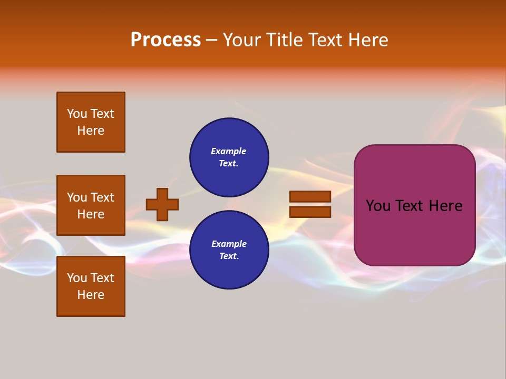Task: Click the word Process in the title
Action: (166, 40)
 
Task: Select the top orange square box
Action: (91, 122)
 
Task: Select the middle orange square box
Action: (91, 205)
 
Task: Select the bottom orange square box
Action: (91, 286)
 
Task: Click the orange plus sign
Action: (162, 204)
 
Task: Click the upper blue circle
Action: (229, 157)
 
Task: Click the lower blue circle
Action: (229, 250)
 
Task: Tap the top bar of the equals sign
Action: (310, 196)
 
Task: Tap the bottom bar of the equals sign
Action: (310, 212)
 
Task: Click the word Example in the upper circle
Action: (229, 151)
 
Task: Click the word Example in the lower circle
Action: (229, 244)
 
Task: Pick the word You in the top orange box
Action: (77, 114)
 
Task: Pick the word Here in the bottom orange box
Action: (91, 295)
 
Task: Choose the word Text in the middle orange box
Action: (102, 197)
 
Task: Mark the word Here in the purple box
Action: (445, 206)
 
